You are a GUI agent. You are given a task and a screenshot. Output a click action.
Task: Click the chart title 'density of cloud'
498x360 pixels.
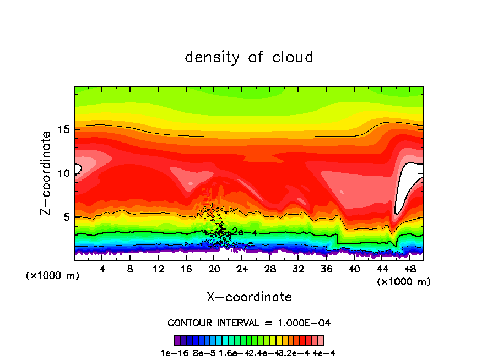click(249, 57)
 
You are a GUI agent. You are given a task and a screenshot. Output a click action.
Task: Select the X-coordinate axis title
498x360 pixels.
click(249, 297)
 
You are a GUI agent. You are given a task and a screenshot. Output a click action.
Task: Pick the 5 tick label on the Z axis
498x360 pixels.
click(66, 217)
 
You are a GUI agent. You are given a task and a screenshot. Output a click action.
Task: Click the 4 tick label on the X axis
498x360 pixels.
click(102, 269)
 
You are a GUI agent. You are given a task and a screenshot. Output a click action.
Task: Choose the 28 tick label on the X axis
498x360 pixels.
click(270, 269)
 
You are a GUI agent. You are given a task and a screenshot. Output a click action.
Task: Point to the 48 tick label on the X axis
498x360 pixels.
click(409, 269)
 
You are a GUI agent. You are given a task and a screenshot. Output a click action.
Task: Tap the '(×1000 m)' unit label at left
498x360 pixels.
click(52, 276)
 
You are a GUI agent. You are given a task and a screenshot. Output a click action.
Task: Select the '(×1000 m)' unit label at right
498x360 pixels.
click(404, 282)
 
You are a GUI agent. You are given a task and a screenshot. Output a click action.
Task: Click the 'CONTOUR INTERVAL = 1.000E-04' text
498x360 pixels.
click(249, 323)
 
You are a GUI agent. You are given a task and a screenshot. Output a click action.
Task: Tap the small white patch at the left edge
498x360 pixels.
click(78, 168)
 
